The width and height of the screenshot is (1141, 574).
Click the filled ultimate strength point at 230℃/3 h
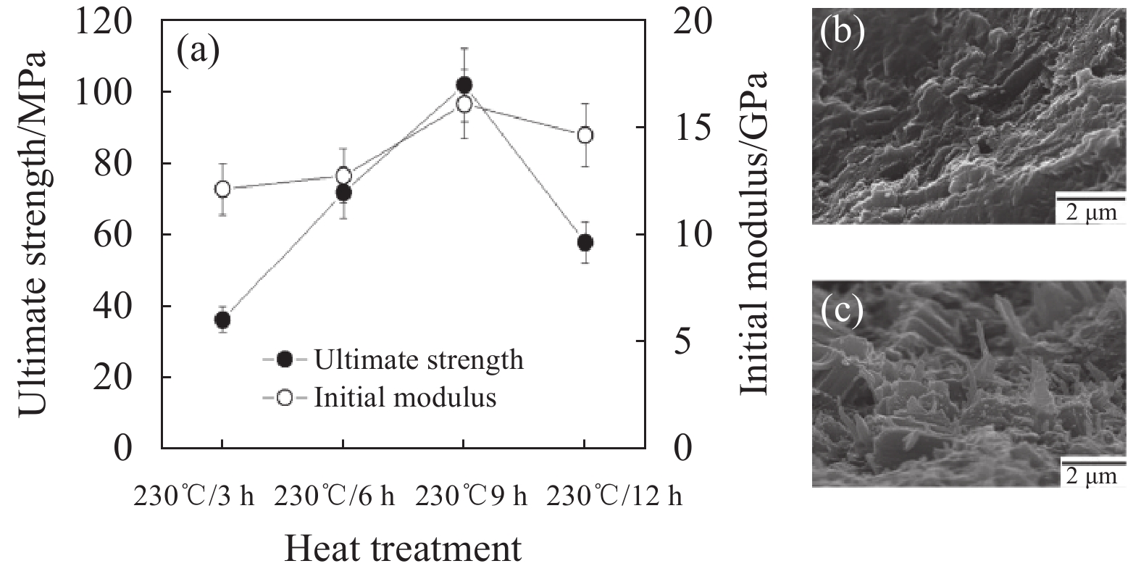point(222,320)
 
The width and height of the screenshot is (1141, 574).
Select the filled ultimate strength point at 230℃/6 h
point(343,193)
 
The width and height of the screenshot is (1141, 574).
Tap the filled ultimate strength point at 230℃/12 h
point(585,242)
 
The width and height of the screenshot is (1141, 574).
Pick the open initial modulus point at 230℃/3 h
point(222,189)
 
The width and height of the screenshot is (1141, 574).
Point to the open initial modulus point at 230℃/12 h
point(585,136)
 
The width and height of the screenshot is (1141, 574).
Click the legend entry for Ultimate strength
point(393,359)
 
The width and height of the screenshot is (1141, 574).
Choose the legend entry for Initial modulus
point(380,398)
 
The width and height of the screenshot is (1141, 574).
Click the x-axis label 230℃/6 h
point(335,497)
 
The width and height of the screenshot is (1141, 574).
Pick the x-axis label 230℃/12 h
point(614,497)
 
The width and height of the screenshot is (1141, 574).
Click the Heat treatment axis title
point(402,549)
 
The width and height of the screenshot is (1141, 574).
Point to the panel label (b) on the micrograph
point(841,33)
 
